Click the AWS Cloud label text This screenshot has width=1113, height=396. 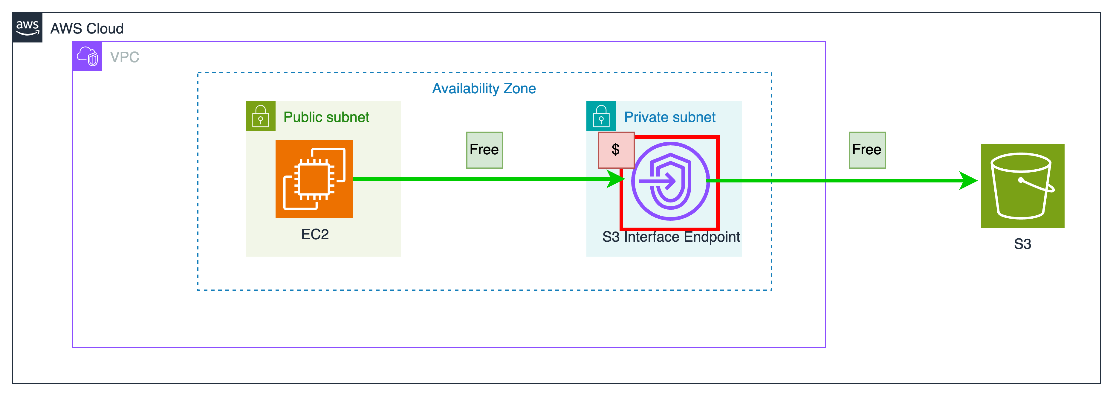87,28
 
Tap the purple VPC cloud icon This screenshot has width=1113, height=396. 87,56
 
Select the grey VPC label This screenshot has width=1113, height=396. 124,57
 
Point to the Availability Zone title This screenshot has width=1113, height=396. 484,88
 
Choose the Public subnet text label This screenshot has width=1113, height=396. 326,117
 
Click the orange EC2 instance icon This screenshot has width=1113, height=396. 314,179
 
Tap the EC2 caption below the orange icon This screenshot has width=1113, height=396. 314,234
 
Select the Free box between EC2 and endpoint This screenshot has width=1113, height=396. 484,150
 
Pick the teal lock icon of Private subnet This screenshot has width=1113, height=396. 601,116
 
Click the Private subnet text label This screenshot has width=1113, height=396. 670,117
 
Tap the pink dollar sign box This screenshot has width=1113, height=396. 616,150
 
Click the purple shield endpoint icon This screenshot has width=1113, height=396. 670,181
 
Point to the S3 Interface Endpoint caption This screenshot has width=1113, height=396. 671,237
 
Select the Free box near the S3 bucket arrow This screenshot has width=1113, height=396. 867,150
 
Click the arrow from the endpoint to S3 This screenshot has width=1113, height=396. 843,181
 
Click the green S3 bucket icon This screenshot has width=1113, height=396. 1022,186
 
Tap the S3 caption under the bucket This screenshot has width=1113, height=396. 1022,244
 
